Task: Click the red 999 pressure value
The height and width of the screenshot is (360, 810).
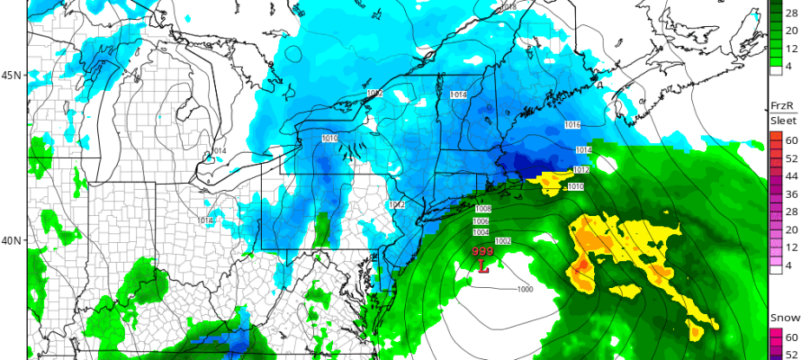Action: coord(483,253)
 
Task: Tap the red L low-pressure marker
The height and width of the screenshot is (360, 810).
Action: coord(483,267)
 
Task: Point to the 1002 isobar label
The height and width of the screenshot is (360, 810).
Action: coord(503,240)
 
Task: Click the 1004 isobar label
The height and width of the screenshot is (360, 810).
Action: coord(481,232)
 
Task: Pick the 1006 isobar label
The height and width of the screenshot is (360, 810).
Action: coord(481,221)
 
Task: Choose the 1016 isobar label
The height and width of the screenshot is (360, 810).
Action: coord(571,125)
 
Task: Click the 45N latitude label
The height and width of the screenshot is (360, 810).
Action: coord(13,75)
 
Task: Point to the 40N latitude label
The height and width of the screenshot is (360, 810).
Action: coord(13,241)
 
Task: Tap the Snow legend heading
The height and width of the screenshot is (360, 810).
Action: coord(781,319)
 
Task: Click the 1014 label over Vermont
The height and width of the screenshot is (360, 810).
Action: coord(457,94)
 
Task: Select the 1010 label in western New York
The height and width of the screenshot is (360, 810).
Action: coord(329,138)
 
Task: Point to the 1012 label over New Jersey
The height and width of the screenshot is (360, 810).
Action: coord(396,205)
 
